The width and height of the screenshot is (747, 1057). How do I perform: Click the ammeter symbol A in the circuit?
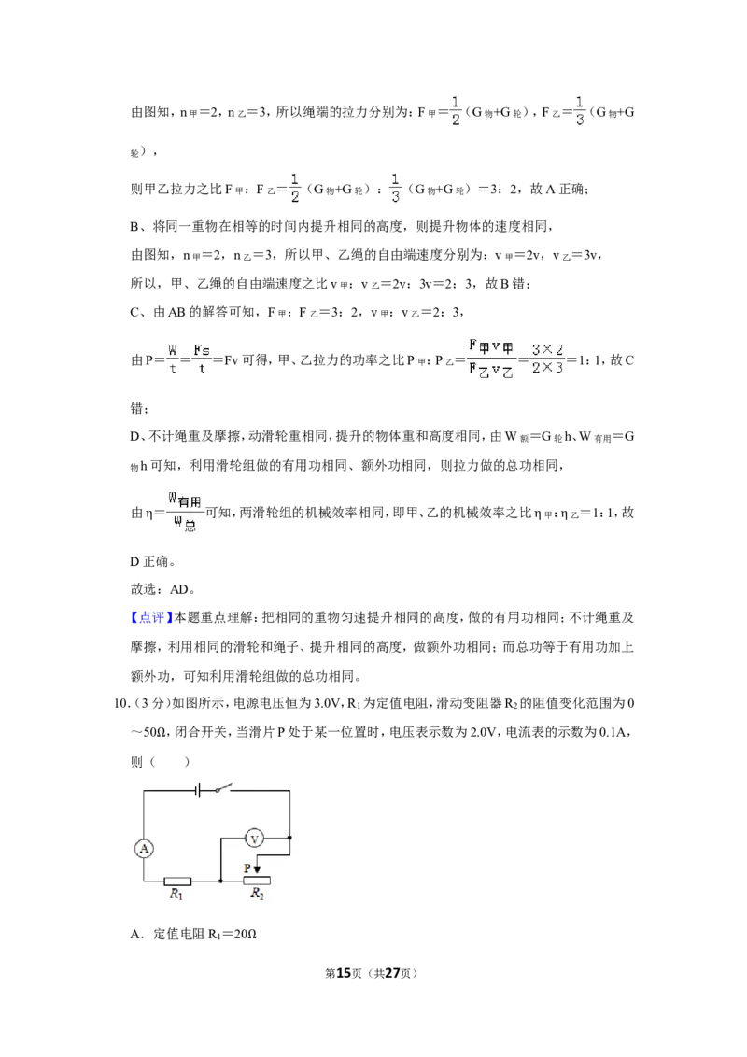tap(144, 849)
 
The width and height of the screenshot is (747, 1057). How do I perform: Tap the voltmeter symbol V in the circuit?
tap(254, 839)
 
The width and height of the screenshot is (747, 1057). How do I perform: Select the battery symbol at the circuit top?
tap(198, 789)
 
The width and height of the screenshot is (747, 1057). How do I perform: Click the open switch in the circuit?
tap(222, 787)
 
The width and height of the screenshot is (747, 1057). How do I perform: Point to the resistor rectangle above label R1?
tap(177, 881)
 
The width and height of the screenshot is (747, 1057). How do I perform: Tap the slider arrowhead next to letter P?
tap(256, 870)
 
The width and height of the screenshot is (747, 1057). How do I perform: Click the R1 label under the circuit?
tap(176, 895)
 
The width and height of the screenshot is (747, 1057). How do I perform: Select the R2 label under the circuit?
tap(257, 894)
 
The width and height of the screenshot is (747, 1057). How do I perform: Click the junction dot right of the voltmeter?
tap(289, 838)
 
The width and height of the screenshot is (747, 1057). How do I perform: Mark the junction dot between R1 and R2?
tap(220, 881)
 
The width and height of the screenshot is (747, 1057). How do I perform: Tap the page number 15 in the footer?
tap(344, 973)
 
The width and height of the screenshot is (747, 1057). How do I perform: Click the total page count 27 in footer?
tap(392, 973)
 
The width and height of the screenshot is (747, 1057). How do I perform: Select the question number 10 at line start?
tap(120, 704)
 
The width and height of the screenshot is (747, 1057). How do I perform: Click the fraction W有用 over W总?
tap(186, 513)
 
